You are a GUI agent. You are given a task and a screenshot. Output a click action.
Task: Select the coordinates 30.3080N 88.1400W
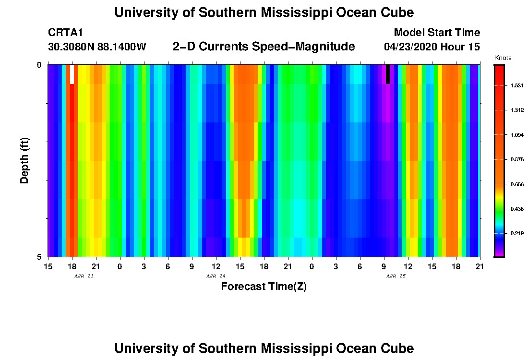click(97, 47)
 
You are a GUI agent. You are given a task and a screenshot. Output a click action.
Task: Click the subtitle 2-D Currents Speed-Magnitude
click(264, 47)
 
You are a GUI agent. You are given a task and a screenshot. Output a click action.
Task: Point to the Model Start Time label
click(436, 33)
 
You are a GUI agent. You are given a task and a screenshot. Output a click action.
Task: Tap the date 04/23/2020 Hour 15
click(432, 47)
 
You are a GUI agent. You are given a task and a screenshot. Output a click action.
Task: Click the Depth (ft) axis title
click(25, 160)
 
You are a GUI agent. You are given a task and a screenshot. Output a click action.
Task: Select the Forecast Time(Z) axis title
click(264, 287)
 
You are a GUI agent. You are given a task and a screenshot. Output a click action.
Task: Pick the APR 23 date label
click(84, 276)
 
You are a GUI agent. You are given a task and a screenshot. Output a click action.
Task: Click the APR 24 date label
click(216, 276)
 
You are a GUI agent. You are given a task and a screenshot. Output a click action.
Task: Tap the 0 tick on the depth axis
click(39, 65)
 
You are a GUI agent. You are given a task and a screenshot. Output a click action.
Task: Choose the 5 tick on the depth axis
click(39, 257)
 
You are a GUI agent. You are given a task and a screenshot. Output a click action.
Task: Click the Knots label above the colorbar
click(503, 58)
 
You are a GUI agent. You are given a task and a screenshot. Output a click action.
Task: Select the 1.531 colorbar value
click(516, 85)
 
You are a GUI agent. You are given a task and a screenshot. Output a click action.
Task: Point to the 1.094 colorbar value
click(516, 135)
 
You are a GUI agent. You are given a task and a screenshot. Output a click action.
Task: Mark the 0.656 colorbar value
click(516, 184)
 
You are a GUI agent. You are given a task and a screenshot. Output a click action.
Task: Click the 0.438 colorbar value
click(516, 209)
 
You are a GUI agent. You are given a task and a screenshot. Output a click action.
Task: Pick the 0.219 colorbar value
click(516, 233)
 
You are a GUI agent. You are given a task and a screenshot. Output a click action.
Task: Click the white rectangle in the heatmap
click(72, 74)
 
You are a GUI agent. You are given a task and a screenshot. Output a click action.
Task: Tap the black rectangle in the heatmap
click(387, 74)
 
